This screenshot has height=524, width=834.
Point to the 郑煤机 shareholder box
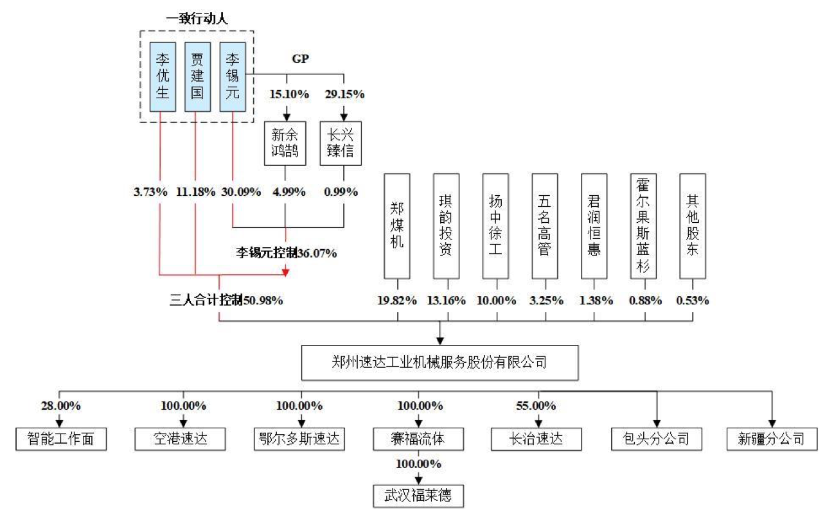[x=398, y=226]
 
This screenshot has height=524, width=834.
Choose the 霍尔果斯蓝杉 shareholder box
[x=643, y=226]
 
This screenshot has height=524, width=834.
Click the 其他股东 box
[x=692, y=226]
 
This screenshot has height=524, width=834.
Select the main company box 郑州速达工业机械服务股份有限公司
[x=439, y=363]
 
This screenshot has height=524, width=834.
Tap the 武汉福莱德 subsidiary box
[x=418, y=496]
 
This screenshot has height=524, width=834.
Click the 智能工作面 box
[x=61, y=439]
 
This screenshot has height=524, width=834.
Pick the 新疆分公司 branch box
[x=772, y=439]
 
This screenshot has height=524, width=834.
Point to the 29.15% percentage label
[x=344, y=94]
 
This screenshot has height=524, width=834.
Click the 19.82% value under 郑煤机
[x=398, y=301]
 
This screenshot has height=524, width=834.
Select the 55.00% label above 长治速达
[x=537, y=406]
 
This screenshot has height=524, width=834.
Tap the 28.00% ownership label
[x=61, y=406]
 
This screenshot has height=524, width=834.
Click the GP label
[x=301, y=59]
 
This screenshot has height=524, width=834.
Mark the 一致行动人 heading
[x=197, y=19]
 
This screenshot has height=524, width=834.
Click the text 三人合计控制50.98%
[x=226, y=300]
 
